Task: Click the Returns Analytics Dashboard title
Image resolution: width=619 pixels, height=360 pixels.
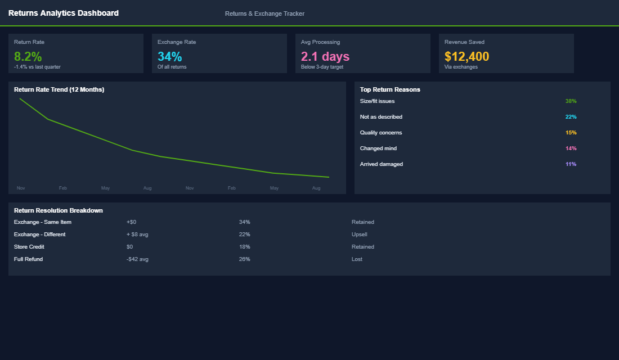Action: point(64,13)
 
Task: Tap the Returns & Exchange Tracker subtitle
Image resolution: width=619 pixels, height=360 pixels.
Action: point(264,13)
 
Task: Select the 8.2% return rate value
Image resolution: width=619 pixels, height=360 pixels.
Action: point(28,56)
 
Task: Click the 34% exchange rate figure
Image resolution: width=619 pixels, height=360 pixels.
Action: point(169,56)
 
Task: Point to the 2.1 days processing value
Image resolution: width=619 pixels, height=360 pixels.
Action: point(325,56)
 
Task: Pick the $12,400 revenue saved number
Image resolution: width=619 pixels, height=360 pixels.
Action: point(467,56)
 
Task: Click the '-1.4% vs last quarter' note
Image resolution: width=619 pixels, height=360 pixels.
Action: point(37,67)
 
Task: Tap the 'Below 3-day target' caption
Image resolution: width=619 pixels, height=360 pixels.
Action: point(322,67)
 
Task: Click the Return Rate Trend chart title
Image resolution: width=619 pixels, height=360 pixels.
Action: point(59,89)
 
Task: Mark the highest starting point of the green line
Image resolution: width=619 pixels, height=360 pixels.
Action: point(20,98)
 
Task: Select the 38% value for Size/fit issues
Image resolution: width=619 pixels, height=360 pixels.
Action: point(571,101)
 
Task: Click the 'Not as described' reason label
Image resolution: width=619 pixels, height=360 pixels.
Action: point(381,117)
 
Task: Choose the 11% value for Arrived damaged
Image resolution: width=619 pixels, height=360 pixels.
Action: point(571,164)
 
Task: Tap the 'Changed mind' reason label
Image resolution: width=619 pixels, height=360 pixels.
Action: point(378,148)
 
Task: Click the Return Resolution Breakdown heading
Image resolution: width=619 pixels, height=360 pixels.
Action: point(59,210)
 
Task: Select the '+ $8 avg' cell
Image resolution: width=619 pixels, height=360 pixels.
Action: point(137,235)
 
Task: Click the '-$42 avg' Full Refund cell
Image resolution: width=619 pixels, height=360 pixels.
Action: point(137,259)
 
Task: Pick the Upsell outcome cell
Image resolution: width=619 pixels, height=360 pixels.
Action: point(359,235)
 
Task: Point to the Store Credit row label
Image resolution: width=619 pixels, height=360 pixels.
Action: point(29,247)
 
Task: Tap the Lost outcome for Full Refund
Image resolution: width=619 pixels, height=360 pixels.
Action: point(357,259)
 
